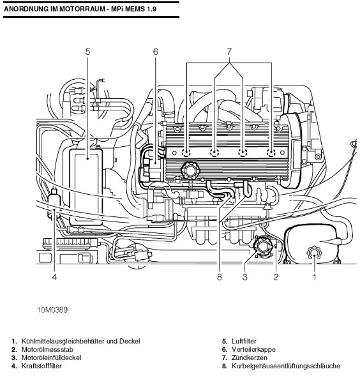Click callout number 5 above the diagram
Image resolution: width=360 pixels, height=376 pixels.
[x=88, y=52]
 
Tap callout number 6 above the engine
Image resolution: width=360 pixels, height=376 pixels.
[x=156, y=52]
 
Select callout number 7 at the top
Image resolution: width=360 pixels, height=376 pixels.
[x=229, y=52]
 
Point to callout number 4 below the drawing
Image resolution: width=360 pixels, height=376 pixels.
[x=54, y=277]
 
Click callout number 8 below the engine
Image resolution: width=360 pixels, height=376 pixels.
[x=220, y=277]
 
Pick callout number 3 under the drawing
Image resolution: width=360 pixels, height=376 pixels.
[x=244, y=277]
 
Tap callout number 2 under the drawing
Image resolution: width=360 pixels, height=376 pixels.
[x=276, y=277]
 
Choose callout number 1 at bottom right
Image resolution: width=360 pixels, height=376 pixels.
[x=314, y=277]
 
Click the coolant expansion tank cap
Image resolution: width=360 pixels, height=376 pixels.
[x=314, y=253]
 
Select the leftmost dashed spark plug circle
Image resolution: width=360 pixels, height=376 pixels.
[x=186, y=153]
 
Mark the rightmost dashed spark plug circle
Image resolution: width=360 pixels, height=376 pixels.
[x=271, y=153]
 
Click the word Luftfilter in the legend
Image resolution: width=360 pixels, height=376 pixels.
[x=244, y=341]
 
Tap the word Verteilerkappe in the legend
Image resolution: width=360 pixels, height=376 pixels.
[x=253, y=349]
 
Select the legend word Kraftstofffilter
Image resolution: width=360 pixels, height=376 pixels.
[x=41, y=366]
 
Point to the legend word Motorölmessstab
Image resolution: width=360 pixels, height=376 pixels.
[x=47, y=349]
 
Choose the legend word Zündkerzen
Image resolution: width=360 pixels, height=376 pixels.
[x=250, y=357]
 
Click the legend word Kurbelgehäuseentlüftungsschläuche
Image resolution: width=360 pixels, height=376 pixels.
[x=286, y=366]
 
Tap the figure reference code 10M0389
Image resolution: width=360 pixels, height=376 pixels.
[x=52, y=310]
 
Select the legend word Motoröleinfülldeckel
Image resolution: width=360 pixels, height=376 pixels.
[x=52, y=357]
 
